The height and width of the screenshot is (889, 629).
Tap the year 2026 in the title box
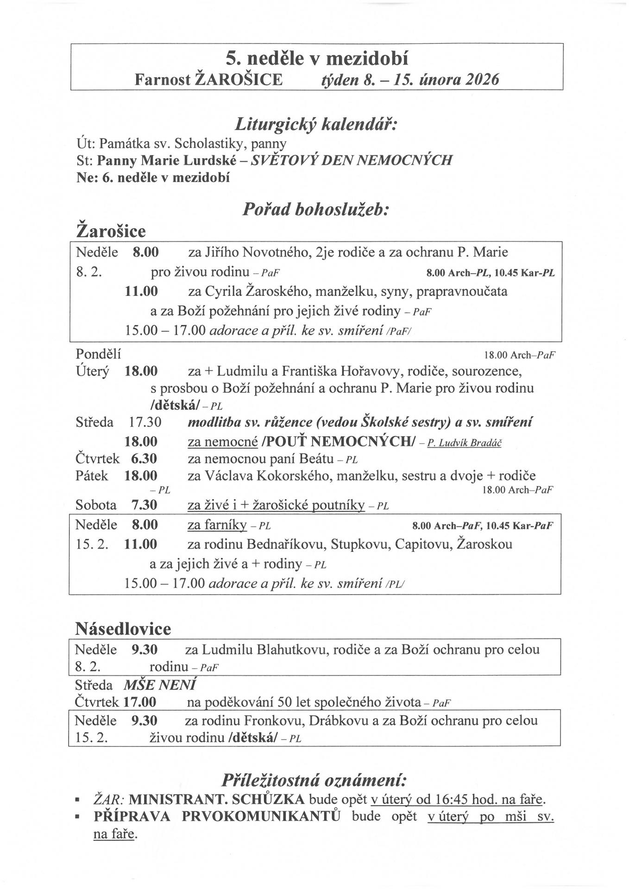(483, 80)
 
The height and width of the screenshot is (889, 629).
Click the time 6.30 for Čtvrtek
(144, 459)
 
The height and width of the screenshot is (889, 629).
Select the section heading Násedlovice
(123, 629)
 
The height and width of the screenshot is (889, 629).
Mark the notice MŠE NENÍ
(159, 684)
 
